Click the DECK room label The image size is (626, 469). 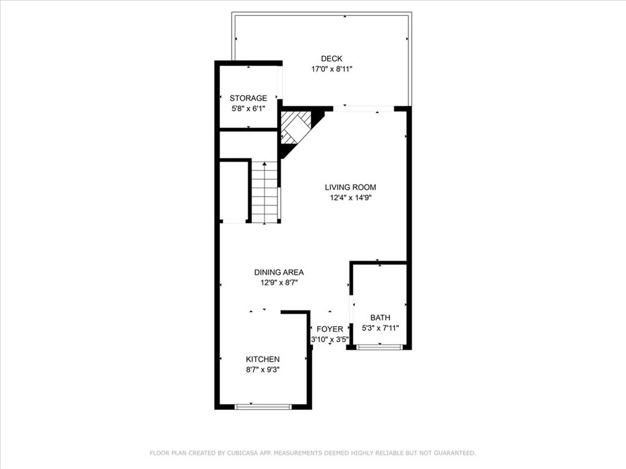(332, 59)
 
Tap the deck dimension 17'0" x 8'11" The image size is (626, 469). (332, 69)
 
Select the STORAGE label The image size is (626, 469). (248, 98)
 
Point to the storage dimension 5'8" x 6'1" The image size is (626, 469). (248, 108)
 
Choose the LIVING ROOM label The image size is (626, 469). (350, 187)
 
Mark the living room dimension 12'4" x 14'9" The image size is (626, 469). (350, 198)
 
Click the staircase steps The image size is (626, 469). (265, 195)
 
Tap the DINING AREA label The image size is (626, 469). (279, 272)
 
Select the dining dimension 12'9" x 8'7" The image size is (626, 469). (279, 282)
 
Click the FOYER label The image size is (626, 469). (330, 329)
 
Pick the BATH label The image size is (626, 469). (380, 318)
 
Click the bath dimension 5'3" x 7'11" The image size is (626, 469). (380, 328)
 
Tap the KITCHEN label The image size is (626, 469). (263, 359)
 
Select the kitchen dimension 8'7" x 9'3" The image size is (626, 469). (263, 369)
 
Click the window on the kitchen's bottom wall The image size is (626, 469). (263, 407)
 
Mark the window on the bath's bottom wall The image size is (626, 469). (380, 347)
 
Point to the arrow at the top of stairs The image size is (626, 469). (265, 164)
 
